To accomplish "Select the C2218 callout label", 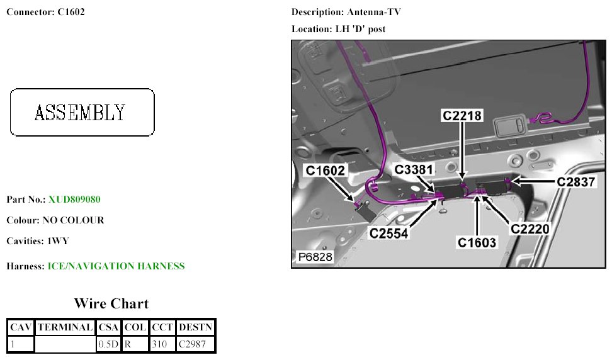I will pos(462,116).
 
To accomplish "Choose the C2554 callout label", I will pos(390,233).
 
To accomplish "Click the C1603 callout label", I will pos(477,243).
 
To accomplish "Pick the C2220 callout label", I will pos(530,229).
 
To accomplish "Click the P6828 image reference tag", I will pos(314,257).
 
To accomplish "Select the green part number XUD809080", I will pos(74,200).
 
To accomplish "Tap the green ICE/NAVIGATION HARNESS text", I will pos(116,266).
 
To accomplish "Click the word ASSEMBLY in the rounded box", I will pos(80,113).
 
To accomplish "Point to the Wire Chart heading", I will pos(111,304).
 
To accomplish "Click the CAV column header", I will pos(20,327).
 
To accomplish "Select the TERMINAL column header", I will pos(65,327).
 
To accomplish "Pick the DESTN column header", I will pos(196,327).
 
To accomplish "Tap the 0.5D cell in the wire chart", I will pos(108,344).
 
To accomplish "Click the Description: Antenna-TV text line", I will pos(346,13).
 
